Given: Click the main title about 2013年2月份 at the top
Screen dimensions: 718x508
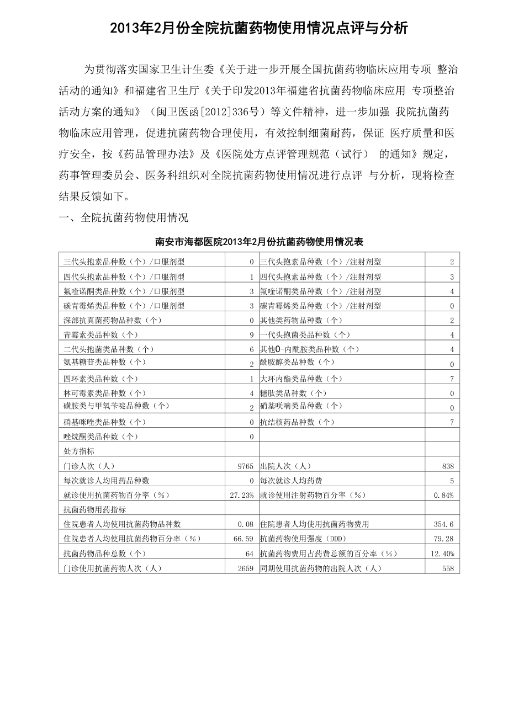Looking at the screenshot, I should pos(259,29).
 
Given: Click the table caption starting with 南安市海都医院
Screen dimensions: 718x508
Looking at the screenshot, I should pos(259,242).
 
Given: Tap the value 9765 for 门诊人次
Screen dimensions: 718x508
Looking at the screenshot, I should pos(245,466).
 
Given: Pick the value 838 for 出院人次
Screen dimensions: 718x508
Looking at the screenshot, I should pos(448,466).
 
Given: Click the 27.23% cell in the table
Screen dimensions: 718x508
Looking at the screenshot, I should pos(242,495).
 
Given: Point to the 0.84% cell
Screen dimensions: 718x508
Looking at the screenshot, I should pos(444,495).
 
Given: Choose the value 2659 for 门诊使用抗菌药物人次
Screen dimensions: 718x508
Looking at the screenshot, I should pos(245,568).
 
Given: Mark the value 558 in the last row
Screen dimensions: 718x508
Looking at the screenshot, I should pos(448,568).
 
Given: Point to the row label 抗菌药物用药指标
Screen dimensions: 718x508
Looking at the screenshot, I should pos(94,509).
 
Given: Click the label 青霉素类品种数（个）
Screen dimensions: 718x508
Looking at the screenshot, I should pos(100,334).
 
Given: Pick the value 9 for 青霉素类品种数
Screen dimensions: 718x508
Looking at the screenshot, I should pos(251,334).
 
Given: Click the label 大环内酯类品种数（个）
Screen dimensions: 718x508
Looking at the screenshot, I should pos(301,379).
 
